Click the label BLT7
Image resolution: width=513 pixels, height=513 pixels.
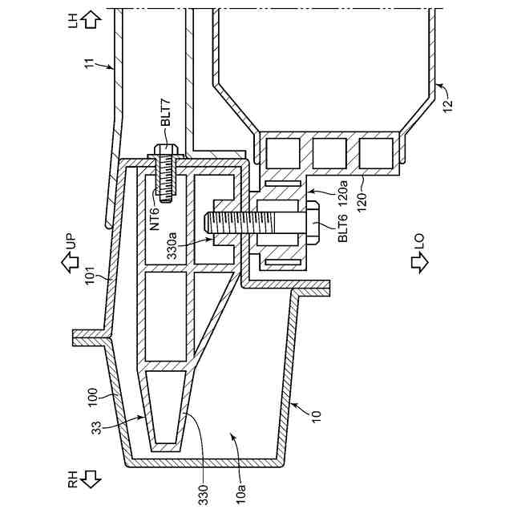point(166,111)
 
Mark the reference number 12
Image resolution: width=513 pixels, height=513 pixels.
point(448,103)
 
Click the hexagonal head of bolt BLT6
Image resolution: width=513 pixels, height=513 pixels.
point(311,220)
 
